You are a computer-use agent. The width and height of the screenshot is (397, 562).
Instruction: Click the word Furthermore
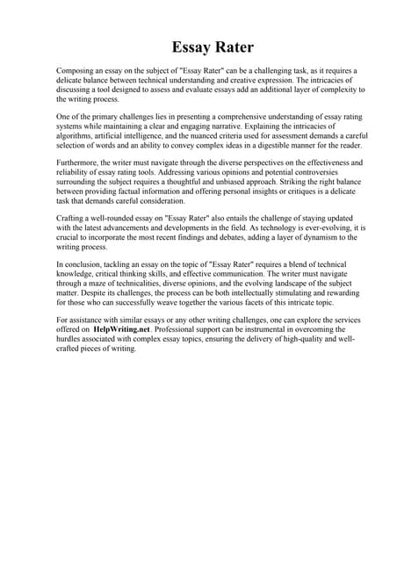coord(79,163)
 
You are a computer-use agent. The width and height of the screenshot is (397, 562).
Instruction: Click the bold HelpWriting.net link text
coord(124,330)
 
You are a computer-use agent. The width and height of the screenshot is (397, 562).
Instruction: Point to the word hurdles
coord(70,340)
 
